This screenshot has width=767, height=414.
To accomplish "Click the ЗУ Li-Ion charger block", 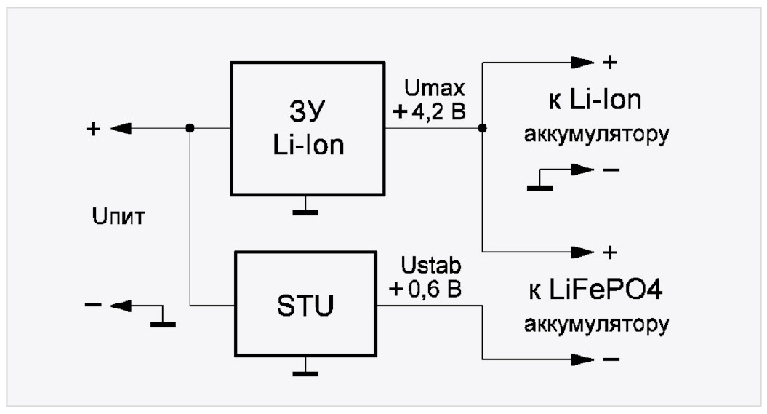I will pyautogui.click(x=308, y=128).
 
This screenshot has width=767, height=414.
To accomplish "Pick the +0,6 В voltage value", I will pyautogui.click(x=425, y=288).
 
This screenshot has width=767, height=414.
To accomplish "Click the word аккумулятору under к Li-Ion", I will pyautogui.click(x=596, y=136).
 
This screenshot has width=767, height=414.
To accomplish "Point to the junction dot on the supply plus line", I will pyautogui.click(x=190, y=128).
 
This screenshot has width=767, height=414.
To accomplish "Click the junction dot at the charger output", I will pyautogui.click(x=483, y=128).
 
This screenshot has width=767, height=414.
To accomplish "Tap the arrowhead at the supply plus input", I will pyautogui.click(x=121, y=128).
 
